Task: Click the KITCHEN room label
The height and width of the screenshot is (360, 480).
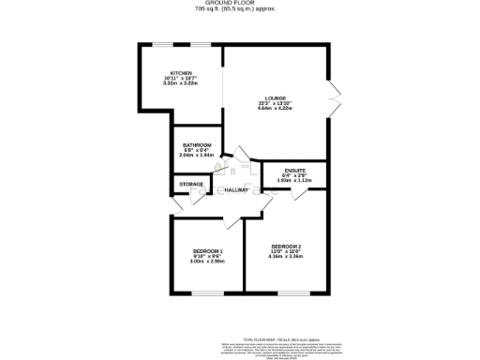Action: pyautogui.click(x=182, y=73)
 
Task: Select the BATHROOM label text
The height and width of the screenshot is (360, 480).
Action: pyautogui.click(x=197, y=145)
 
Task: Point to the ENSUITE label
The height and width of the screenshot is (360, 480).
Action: pyautogui.click(x=293, y=170)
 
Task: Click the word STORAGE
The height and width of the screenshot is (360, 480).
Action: pyautogui.click(x=192, y=184)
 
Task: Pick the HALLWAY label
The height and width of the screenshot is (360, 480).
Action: pyautogui.click(x=237, y=190)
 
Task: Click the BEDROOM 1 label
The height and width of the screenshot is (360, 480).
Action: pyautogui.click(x=207, y=251)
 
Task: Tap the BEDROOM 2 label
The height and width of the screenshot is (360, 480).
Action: pyautogui.click(x=285, y=246)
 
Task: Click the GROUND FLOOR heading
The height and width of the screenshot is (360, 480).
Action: pyautogui.click(x=239, y=4)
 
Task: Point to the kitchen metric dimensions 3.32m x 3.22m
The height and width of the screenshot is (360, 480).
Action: pyautogui.click(x=182, y=84)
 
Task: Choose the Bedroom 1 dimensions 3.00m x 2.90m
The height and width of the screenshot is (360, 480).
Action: pyautogui.click(x=207, y=262)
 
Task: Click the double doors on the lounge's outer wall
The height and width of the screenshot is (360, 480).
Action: pyautogui.click(x=334, y=97)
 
